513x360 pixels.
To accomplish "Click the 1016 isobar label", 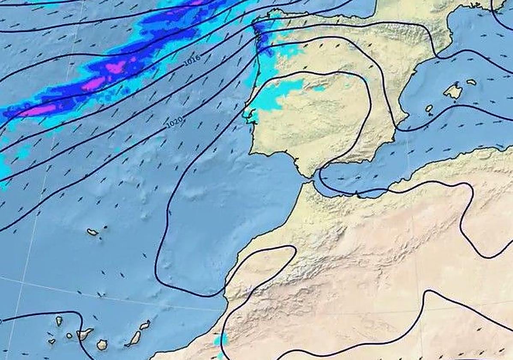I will (x=192, y=61).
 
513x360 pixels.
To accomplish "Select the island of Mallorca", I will (x=453, y=91).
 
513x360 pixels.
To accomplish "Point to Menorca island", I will (x=471, y=82).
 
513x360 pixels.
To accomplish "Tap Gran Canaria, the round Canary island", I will (x=102, y=344).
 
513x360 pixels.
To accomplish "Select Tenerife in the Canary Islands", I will (x=84, y=333).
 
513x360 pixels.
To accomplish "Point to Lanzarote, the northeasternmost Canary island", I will (x=145, y=325).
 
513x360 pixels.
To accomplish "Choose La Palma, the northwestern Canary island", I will (x=59, y=321).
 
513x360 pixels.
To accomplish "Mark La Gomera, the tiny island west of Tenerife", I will (x=69, y=336).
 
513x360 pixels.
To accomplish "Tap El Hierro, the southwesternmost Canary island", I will (x=52, y=342).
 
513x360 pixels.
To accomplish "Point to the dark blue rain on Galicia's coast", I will (x=260, y=34).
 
